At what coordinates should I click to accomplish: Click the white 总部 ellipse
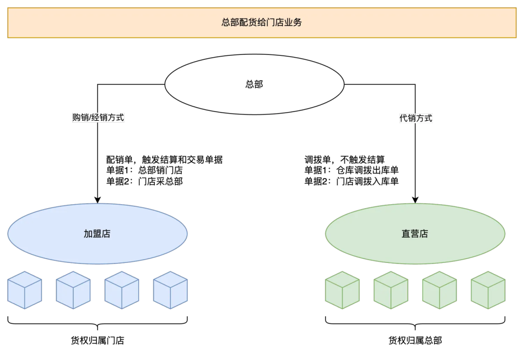point(254,84)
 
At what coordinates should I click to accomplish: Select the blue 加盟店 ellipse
point(97,233)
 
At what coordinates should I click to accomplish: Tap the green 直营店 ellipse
point(415,233)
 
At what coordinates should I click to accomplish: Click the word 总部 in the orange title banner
point(230,22)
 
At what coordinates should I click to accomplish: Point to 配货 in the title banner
point(248,22)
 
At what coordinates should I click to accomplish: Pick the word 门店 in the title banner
point(275,22)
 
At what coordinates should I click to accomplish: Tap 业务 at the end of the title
point(293,22)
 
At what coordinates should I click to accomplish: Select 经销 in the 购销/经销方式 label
point(98,117)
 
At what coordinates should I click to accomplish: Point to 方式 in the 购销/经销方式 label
point(115,117)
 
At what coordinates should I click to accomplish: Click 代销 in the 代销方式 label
point(408,118)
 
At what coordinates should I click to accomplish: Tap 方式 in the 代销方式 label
point(424,118)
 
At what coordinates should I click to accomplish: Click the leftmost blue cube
point(25,290)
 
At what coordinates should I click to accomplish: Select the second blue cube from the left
point(73,290)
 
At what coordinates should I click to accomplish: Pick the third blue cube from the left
point(122,290)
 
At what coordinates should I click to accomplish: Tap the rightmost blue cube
point(170,290)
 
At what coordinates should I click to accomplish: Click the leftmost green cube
point(342,290)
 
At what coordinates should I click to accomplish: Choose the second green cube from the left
point(391,290)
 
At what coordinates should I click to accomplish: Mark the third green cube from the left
point(439,290)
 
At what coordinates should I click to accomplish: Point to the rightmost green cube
point(488,290)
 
